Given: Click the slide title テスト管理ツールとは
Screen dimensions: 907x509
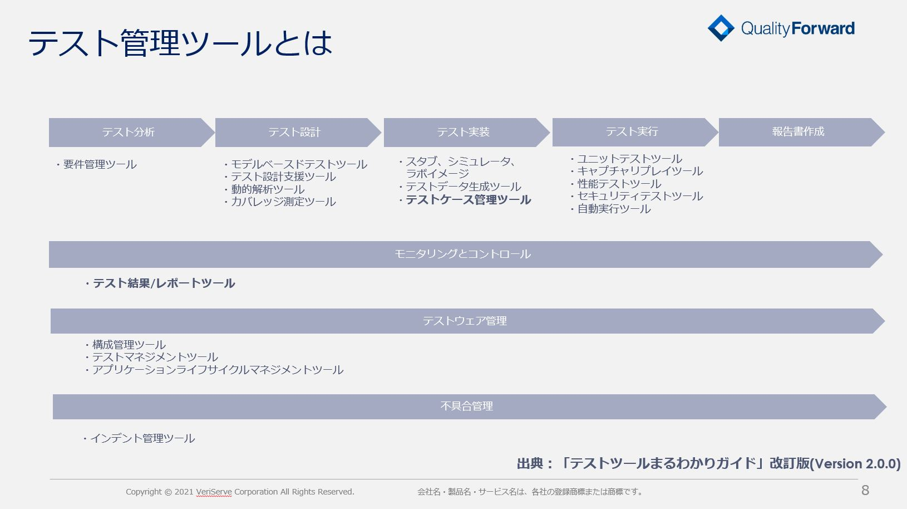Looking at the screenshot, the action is click(x=181, y=43).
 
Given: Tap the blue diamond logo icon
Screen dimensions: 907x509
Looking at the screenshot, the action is click(x=721, y=28).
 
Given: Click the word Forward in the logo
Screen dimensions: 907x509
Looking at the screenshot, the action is click(x=823, y=28).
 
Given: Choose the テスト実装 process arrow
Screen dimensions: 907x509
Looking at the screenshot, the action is click(x=466, y=132).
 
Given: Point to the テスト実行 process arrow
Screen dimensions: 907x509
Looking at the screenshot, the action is click(x=635, y=132).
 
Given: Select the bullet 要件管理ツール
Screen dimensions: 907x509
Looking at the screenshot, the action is click(x=96, y=164).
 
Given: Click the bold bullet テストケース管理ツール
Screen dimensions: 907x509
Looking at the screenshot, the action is click(x=465, y=200).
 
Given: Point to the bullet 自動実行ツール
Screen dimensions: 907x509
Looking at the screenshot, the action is click(x=610, y=209).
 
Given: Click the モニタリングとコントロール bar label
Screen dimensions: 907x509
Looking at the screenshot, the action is click(x=462, y=254).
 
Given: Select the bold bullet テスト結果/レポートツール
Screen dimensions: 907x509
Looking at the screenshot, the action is click(x=160, y=283).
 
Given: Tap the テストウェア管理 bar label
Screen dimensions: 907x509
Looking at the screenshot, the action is click(x=465, y=321).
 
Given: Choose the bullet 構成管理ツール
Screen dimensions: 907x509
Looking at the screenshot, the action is click(x=125, y=345).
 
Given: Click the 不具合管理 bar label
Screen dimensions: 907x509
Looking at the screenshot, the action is click(x=466, y=406).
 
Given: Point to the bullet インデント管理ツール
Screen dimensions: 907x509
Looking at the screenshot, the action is click(x=139, y=438).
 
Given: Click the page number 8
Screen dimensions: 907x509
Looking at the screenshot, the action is click(x=865, y=491).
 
